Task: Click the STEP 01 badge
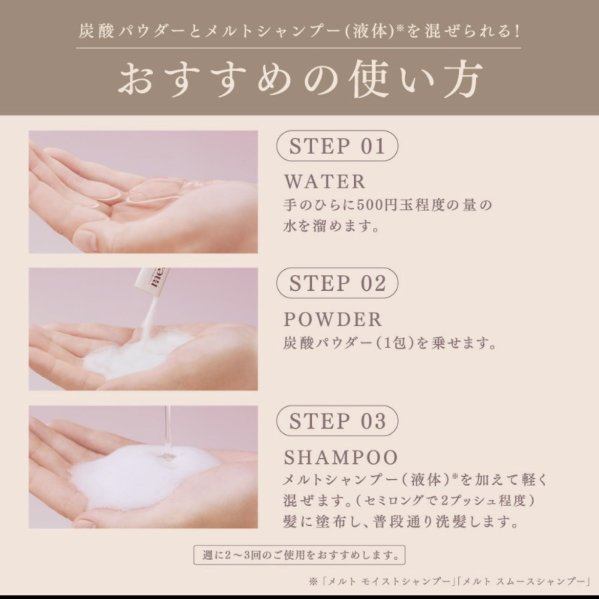337,146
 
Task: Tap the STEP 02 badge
337,283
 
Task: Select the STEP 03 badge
337,421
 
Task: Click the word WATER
325,181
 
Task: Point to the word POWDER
333,319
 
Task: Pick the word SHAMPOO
341,457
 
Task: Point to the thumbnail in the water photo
88,240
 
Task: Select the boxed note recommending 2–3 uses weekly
299,554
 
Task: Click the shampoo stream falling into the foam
168,432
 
